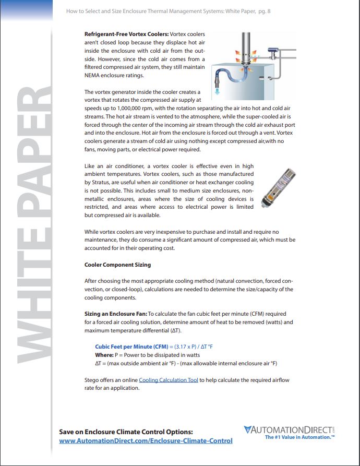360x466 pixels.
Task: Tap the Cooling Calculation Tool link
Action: (169, 380)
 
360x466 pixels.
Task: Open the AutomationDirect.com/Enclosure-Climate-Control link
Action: (146, 441)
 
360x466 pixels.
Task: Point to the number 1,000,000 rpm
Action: (128, 108)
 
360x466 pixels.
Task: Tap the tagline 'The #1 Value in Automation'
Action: (299, 437)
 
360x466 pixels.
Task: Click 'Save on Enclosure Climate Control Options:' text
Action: (126, 432)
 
